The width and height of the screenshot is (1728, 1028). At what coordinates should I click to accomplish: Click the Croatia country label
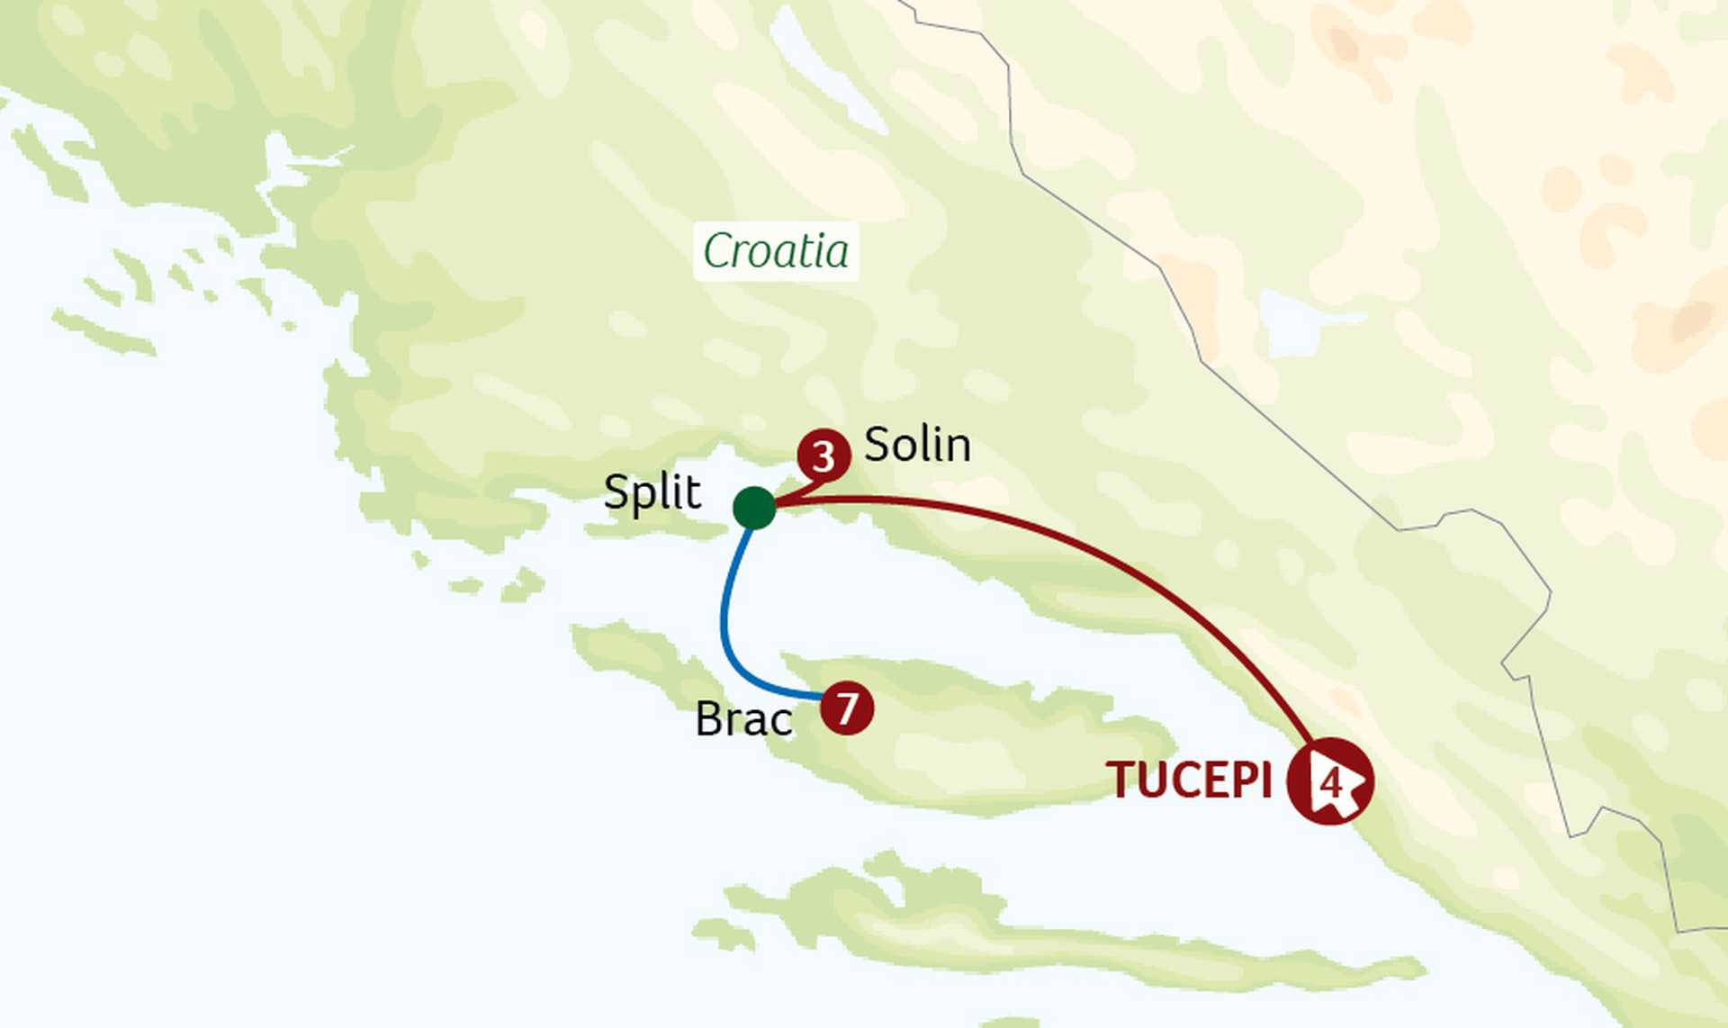pos(776,251)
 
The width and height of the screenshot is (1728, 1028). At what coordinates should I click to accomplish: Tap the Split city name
pos(652,492)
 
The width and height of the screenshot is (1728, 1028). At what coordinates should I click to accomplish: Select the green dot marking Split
pos(754,508)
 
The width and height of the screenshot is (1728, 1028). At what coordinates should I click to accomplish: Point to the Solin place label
pos(917,445)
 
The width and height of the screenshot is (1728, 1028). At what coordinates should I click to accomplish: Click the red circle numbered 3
pos(823,456)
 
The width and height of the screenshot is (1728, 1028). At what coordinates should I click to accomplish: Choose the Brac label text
pos(743,719)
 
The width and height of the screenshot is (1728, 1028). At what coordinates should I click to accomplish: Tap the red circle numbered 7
pos(847,708)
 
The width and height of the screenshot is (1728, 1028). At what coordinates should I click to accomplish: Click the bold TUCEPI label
pos(1189,780)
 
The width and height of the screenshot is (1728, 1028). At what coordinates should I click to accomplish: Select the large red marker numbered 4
pos(1329,781)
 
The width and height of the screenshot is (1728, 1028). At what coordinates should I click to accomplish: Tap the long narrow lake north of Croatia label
pos(828,72)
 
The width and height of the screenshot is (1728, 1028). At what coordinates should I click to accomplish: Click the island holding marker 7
pos(990,747)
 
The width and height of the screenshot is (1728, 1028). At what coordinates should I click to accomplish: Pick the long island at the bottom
pos(1035,936)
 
